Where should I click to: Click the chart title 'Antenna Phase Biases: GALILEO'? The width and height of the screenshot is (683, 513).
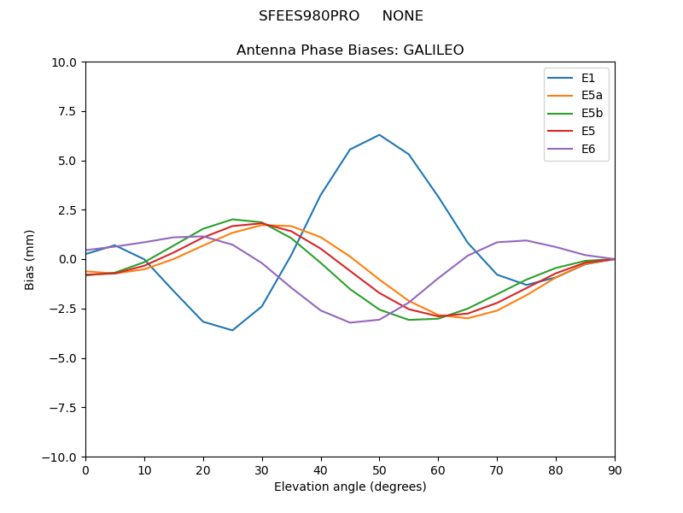click(x=350, y=50)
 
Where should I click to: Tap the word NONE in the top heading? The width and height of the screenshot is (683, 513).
click(x=402, y=16)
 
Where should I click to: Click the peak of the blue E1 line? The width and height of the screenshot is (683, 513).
click(x=379, y=134)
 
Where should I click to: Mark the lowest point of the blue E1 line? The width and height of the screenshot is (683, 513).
click(x=232, y=330)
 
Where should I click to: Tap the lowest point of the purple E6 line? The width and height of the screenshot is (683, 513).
click(x=350, y=322)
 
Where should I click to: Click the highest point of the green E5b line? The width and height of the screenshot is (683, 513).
click(x=232, y=219)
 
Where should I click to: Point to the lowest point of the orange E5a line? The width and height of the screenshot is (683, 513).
click(x=468, y=318)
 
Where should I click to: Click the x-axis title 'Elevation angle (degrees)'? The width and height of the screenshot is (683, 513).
click(x=350, y=487)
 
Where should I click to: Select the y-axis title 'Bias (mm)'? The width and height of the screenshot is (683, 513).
click(x=30, y=259)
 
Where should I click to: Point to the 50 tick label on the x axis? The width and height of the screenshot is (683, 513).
click(x=379, y=469)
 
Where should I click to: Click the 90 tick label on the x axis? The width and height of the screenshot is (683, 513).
click(x=615, y=469)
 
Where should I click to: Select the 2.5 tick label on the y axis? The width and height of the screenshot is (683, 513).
click(x=68, y=210)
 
